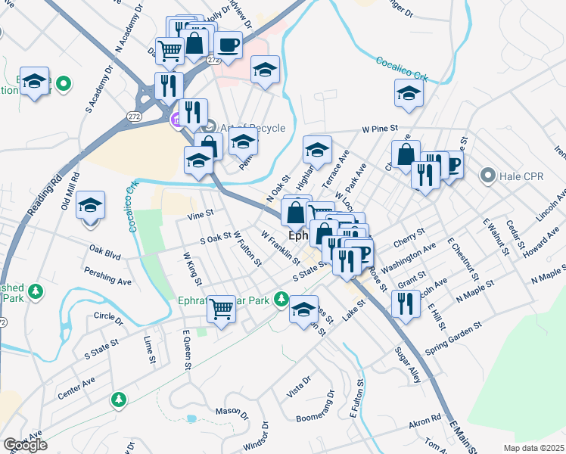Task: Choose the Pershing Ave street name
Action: tap(108, 276)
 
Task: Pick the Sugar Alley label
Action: tap(407, 365)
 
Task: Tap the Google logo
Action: tap(25, 445)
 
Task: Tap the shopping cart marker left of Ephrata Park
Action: tap(222, 306)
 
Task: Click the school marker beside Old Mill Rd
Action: tap(90, 205)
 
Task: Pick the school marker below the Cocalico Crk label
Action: tap(409, 94)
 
